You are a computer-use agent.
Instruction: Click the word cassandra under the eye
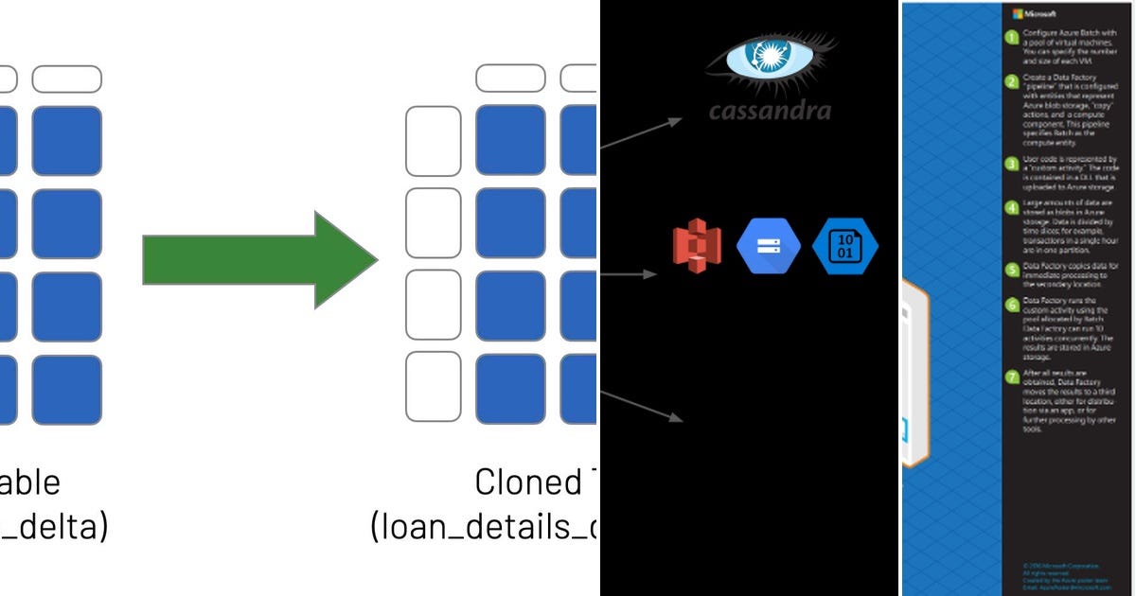[x=770, y=111]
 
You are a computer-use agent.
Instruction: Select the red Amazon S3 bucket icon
[x=697, y=246]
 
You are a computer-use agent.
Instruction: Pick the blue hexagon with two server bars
[x=768, y=246]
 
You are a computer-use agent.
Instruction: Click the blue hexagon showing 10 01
[x=844, y=246]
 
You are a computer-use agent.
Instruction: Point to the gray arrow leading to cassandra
[x=641, y=134]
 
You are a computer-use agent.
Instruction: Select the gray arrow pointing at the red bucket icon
[x=629, y=273]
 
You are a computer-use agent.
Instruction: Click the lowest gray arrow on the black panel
[x=641, y=404]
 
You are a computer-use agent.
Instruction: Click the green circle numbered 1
[x=1012, y=37]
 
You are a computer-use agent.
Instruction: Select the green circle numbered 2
[x=1012, y=80]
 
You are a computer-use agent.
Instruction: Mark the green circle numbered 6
[x=1012, y=305]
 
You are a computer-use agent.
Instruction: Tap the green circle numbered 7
[x=1012, y=377]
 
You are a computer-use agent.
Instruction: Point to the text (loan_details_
[x=483, y=527]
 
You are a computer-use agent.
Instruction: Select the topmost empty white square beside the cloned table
[x=433, y=141]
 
